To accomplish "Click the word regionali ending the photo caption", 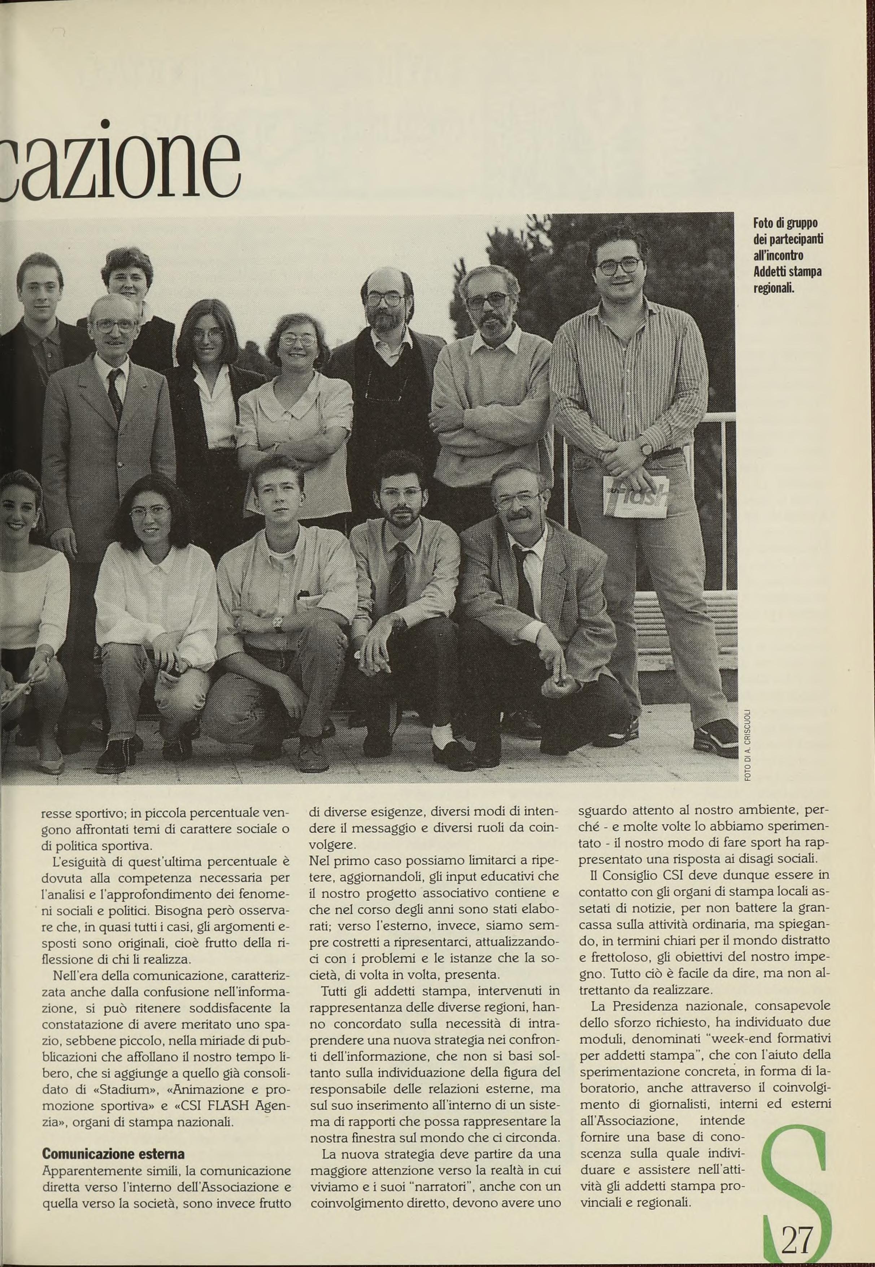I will coord(774,287).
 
